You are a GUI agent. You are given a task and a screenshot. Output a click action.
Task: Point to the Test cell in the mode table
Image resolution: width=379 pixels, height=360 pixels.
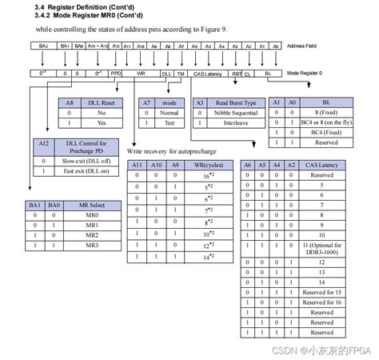tap(170, 123)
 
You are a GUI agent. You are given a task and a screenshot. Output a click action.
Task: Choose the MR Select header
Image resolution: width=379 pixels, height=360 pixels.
tap(94, 206)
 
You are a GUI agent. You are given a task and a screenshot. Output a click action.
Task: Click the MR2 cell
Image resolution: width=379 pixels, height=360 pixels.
tap(94, 235)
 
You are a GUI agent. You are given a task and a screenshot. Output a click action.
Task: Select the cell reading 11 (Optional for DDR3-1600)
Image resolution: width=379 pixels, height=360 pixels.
tap(321, 249)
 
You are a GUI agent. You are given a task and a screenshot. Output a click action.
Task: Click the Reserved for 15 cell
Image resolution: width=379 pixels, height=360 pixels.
tap(321, 292)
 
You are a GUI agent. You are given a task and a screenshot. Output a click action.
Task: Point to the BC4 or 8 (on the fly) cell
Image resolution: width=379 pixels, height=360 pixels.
tap(326, 123)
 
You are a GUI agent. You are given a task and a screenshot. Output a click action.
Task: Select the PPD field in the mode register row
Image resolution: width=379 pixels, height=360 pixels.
tap(116, 72)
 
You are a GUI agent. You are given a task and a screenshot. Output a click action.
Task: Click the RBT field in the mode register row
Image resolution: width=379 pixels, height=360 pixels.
tap(237, 72)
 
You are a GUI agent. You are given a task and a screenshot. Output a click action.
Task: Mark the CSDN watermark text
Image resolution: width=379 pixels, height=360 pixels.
tap(320, 350)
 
